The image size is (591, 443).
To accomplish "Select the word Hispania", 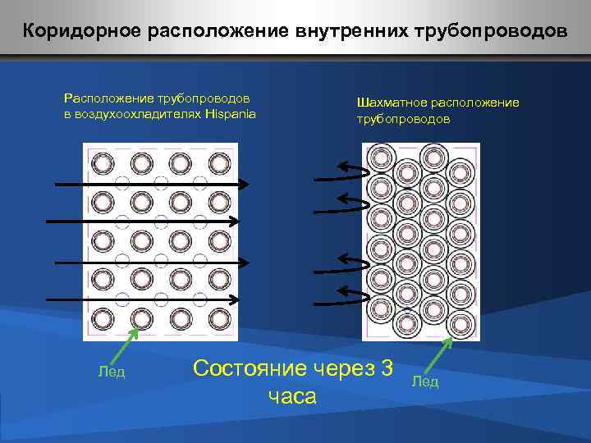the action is pyautogui.click(x=230, y=113).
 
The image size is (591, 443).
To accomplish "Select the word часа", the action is pyautogui.click(x=292, y=397).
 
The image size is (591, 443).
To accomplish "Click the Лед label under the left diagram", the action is pyautogui.click(x=111, y=372).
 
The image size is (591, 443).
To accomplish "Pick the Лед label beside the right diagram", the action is pyautogui.click(x=425, y=381).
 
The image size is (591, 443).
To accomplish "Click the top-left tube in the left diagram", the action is pyautogui.click(x=103, y=163).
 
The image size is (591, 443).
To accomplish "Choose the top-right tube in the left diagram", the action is pyautogui.click(x=219, y=163).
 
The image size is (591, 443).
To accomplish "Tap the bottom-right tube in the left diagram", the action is pyautogui.click(x=219, y=318).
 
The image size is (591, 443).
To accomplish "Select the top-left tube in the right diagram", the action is pyautogui.click(x=380, y=157).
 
